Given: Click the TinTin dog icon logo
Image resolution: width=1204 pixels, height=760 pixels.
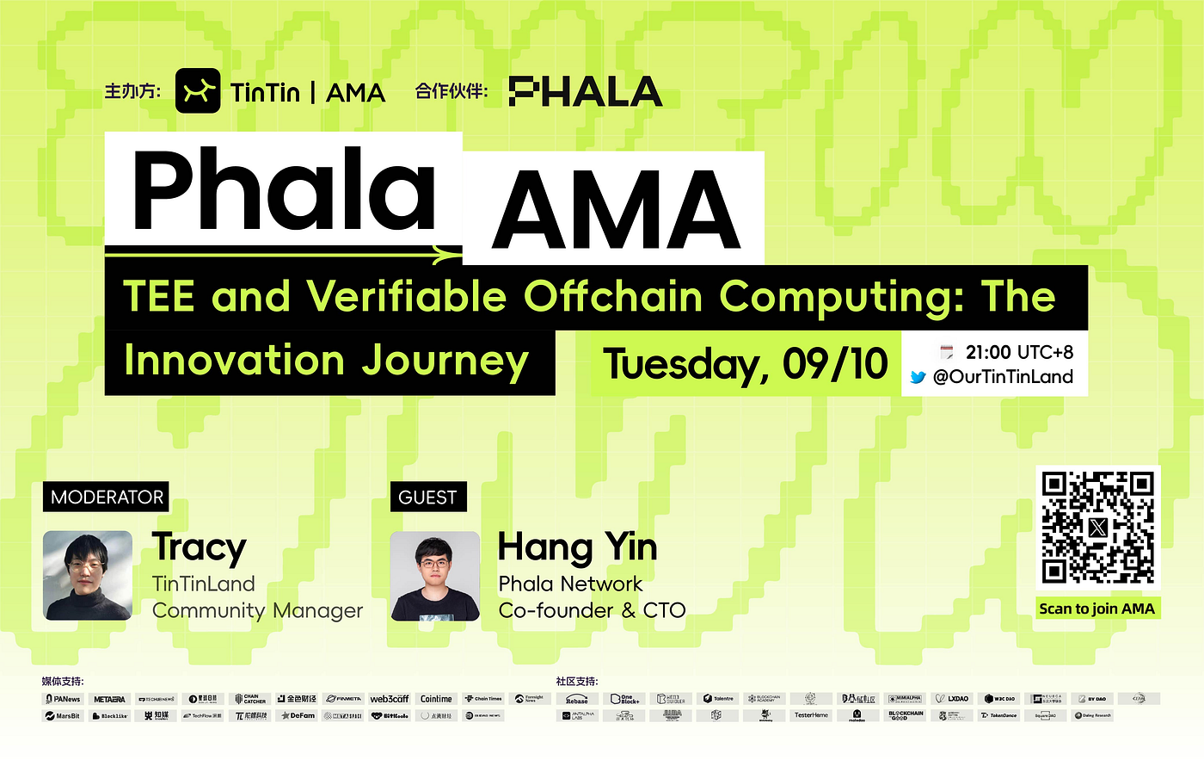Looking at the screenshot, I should tap(198, 91).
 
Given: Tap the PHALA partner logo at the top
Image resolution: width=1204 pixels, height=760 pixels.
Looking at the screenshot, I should tap(585, 91).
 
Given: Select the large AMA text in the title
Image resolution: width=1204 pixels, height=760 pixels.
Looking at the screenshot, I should tap(616, 209).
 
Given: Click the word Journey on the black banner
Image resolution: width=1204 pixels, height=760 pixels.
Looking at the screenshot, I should tap(445, 361).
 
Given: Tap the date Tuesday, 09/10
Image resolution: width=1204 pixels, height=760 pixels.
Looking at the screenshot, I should tap(745, 363).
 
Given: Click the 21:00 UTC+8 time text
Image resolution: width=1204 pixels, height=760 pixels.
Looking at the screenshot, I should tap(1019, 352).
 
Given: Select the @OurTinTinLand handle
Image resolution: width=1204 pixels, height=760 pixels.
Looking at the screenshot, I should tap(1003, 377).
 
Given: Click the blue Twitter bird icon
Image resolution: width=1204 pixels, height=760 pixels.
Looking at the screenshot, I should tap(918, 377).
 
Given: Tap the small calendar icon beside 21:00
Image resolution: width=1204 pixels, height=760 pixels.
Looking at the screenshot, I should tap(947, 352).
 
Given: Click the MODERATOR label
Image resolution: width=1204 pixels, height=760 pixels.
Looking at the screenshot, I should tap(107, 497).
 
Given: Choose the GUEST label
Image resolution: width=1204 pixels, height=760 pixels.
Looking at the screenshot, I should tap(427, 497).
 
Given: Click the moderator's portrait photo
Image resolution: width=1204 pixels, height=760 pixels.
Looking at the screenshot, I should tap(88, 576).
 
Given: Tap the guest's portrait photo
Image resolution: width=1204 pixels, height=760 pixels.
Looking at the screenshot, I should tap(435, 576).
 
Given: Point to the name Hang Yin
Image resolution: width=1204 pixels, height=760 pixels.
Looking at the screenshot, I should tap(577, 547).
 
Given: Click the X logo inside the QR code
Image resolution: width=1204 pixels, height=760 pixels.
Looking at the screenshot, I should tap(1097, 528).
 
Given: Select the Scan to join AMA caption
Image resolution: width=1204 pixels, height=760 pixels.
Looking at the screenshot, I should tap(1096, 609).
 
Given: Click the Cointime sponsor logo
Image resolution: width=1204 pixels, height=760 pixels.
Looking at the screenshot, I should tap(436, 699).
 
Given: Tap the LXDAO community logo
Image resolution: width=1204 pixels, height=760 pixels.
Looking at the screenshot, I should tap(953, 699).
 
